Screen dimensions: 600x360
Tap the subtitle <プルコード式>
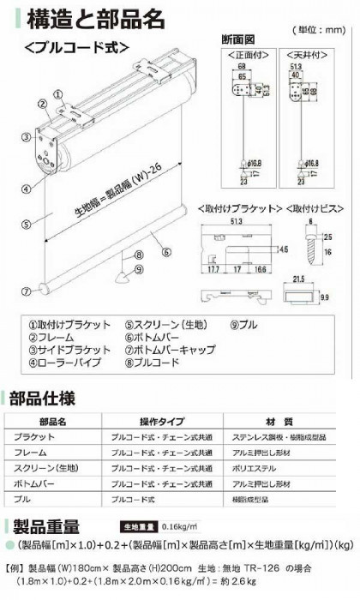click(x=77, y=45)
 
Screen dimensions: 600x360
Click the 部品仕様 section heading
click(x=47, y=399)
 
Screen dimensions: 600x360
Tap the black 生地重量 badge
click(x=133, y=526)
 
